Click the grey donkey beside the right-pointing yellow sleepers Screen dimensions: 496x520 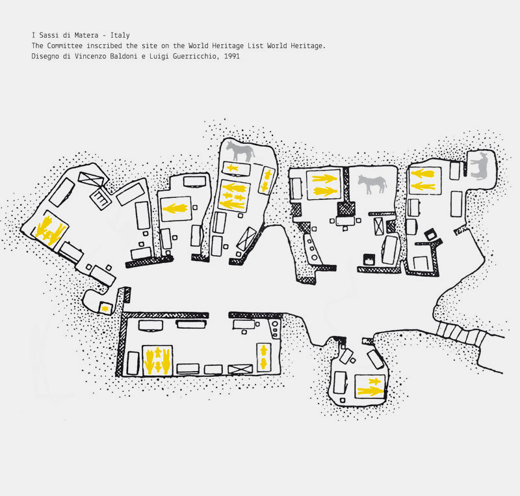[x=372, y=184]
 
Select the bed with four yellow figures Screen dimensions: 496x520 [x=157, y=359]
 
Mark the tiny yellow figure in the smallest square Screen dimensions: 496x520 [x=104, y=307]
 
